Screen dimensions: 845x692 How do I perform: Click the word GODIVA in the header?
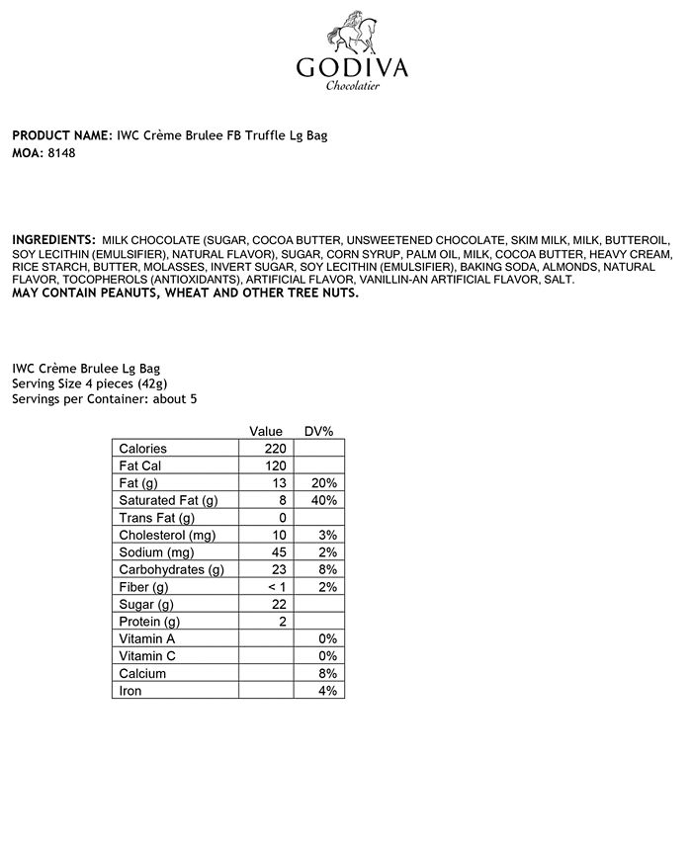[x=352, y=68]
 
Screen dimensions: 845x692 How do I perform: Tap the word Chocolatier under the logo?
[x=353, y=87]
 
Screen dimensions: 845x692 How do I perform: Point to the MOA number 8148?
[x=61, y=153]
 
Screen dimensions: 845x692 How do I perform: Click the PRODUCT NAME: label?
[x=61, y=135]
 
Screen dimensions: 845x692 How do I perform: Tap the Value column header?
[x=266, y=432]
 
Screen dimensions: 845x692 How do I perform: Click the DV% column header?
[x=318, y=432]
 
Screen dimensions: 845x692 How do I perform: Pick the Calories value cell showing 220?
[x=273, y=449]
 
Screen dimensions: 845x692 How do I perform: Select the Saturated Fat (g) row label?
[x=168, y=501]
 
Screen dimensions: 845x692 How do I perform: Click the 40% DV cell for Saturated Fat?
[x=323, y=501]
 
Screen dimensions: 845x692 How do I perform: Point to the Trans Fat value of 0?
[x=281, y=518]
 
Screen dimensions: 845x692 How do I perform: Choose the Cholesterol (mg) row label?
[x=167, y=536]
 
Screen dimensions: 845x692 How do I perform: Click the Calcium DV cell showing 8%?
[x=326, y=673]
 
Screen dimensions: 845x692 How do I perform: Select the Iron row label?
[x=130, y=691]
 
